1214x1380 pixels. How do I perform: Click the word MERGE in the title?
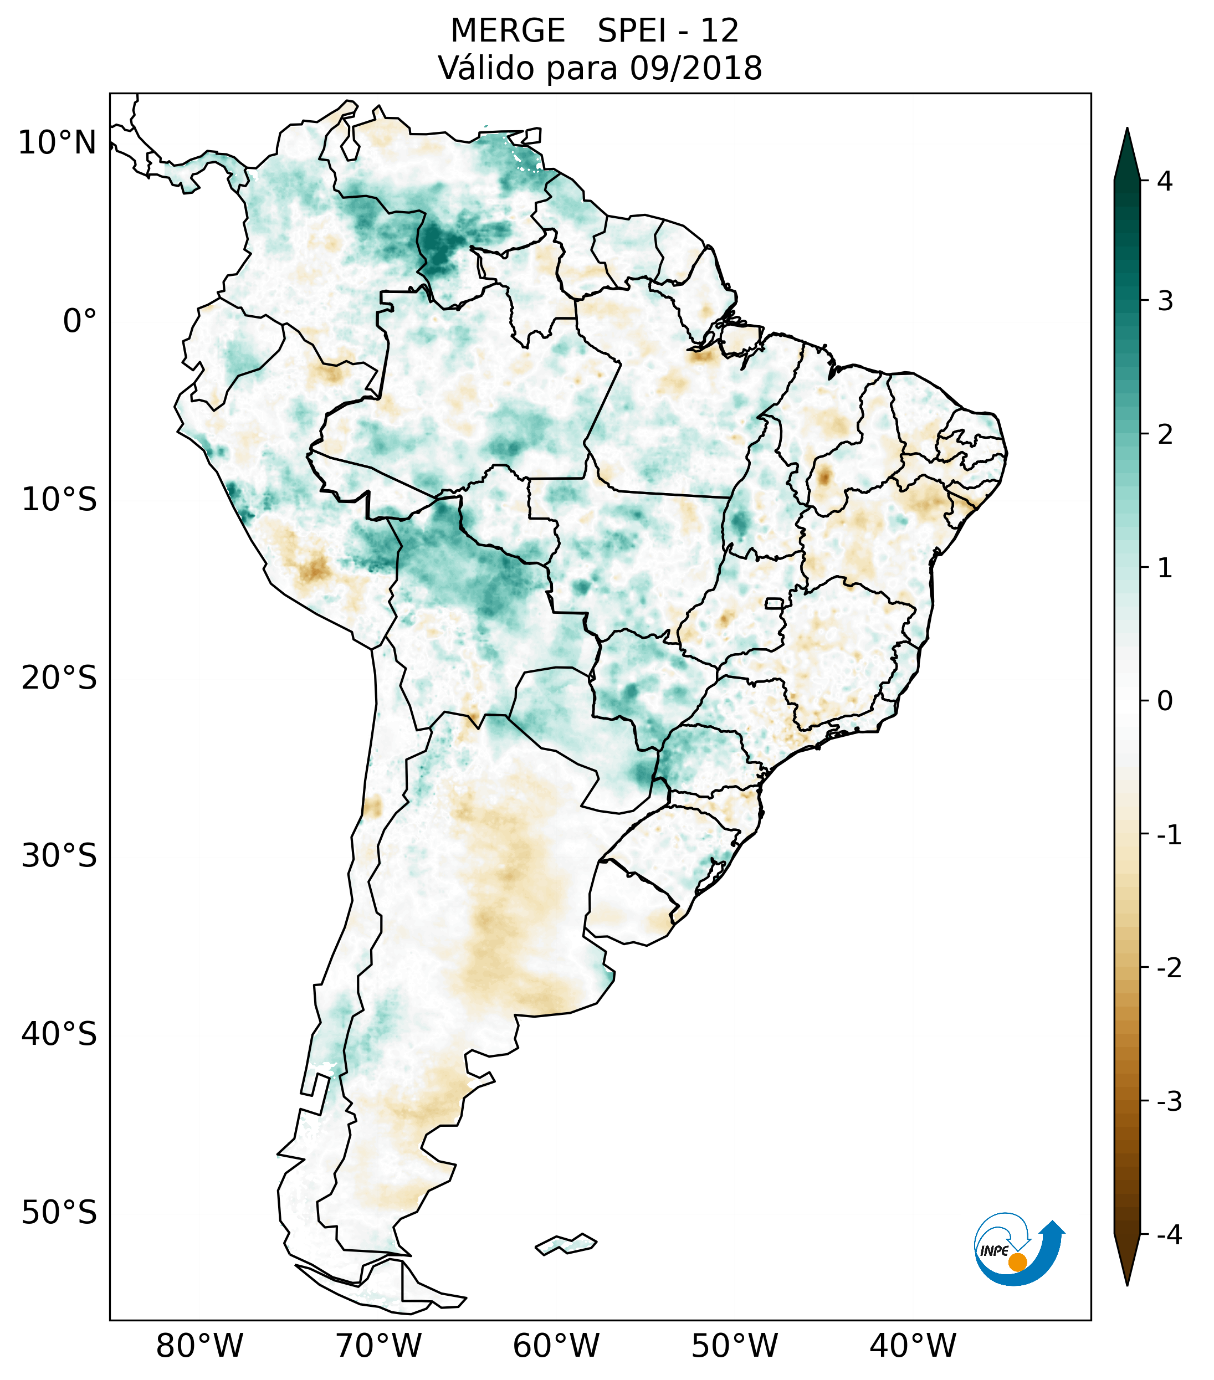507,31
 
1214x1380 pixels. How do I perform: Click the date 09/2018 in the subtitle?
695,68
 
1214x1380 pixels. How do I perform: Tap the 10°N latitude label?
58,143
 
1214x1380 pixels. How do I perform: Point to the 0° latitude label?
80,321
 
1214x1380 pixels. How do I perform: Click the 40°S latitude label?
59,1034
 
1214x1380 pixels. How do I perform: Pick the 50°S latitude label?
59,1213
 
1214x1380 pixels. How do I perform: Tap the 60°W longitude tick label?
556,1346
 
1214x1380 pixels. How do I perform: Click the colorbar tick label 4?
1165,181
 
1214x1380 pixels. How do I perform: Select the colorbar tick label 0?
1165,701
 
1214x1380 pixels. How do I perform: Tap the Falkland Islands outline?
566,1244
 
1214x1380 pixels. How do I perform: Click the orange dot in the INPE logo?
1017,1261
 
